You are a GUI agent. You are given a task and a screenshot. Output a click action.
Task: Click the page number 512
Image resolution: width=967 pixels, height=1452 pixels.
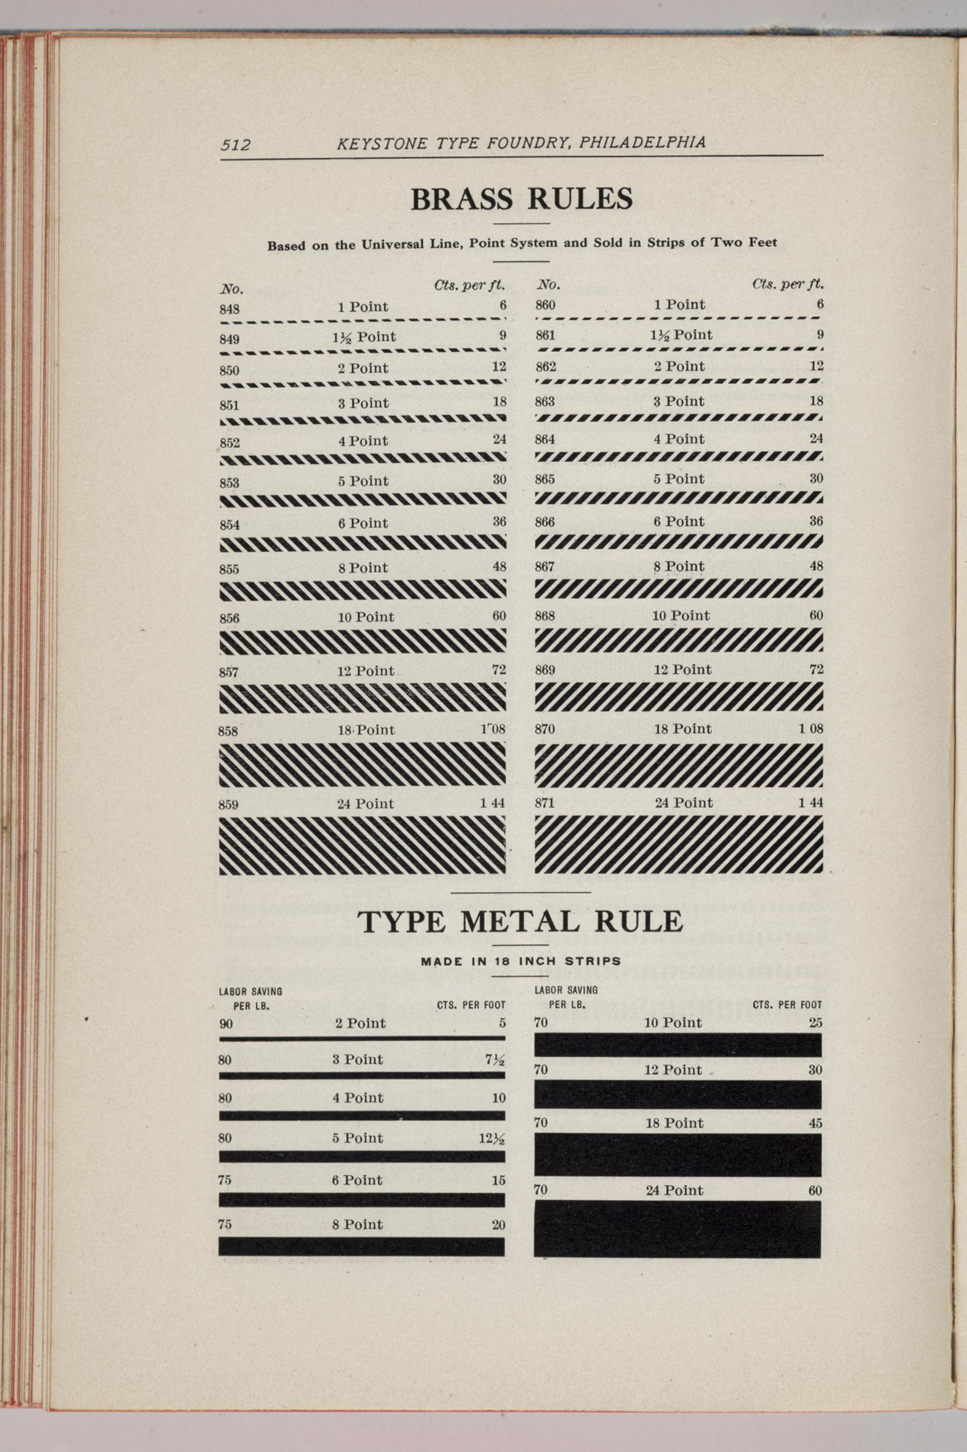[x=236, y=145]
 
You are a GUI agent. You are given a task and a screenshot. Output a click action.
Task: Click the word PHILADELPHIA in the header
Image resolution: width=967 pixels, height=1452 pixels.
[x=642, y=142]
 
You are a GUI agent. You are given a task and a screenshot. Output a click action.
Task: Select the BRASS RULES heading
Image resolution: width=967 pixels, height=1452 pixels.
[x=521, y=199]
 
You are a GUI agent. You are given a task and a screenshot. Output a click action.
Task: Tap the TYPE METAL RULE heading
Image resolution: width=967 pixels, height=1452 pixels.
[x=520, y=922]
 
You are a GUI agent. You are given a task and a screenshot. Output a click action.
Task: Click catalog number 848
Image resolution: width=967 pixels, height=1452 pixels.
[x=230, y=310]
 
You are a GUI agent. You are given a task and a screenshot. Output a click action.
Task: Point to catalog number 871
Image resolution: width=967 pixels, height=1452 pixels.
[x=544, y=803]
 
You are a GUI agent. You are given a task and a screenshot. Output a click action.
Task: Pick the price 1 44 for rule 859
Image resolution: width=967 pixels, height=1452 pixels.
[x=492, y=804]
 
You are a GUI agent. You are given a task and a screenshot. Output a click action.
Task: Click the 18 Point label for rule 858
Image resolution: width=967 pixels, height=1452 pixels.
[x=366, y=730]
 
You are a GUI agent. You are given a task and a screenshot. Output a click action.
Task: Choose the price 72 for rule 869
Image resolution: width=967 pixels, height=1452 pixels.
[x=816, y=670]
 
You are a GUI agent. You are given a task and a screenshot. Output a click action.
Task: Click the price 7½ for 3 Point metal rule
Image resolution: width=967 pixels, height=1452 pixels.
[x=495, y=1060]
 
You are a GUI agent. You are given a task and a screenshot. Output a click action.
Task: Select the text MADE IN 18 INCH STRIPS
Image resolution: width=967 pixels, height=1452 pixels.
[x=521, y=961]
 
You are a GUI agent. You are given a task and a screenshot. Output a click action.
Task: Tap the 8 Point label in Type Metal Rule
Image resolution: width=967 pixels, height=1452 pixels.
[x=358, y=1224]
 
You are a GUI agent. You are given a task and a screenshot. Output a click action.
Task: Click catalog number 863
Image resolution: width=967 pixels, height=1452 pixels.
[x=544, y=402]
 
